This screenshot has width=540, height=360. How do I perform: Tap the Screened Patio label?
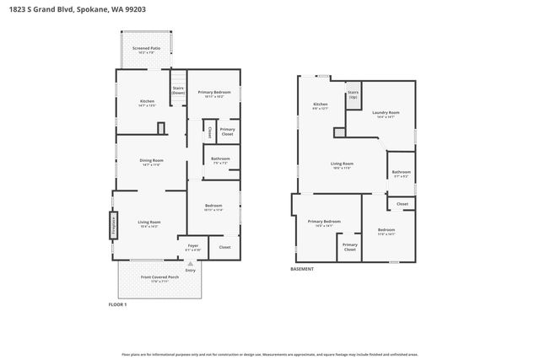tap(146, 50)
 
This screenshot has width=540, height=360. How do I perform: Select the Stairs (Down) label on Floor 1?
tap(178, 90)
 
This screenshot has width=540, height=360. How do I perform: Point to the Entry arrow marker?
tap(190, 263)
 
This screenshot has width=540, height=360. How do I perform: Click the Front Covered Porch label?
tap(159, 279)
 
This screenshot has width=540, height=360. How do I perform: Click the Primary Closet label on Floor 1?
tap(227, 132)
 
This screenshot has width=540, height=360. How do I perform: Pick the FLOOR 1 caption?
tap(117, 304)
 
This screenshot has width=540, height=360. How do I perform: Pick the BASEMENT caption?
tap(302, 269)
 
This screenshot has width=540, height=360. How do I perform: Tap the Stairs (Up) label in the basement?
tap(353, 94)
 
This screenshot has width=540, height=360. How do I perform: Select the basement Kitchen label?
tap(320, 105)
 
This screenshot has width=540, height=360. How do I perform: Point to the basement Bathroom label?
tap(401, 174)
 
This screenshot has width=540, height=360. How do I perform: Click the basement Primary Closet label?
tap(349, 248)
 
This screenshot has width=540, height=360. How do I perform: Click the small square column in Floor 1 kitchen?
tap(160, 128)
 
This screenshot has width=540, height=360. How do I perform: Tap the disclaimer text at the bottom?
tap(270, 354)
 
